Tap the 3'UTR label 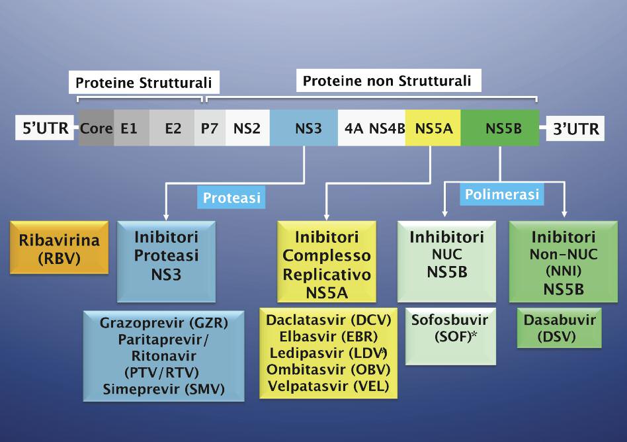[x=575, y=128]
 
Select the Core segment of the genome [x=96, y=128]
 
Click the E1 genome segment [x=129, y=128]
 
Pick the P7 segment [x=210, y=128]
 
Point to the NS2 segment [x=247, y=128]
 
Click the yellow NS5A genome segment [x=433, y=128]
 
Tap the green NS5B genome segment [x=503, y=128]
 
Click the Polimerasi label [x=501, y=195]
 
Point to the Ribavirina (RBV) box [x=60, y=247]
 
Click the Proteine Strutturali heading [x=144, y=83]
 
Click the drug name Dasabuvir [x=560, y=321]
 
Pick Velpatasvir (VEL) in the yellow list [x=327, y=385]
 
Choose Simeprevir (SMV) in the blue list [x=164, y=388]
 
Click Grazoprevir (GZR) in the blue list [x=164, y=324]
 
